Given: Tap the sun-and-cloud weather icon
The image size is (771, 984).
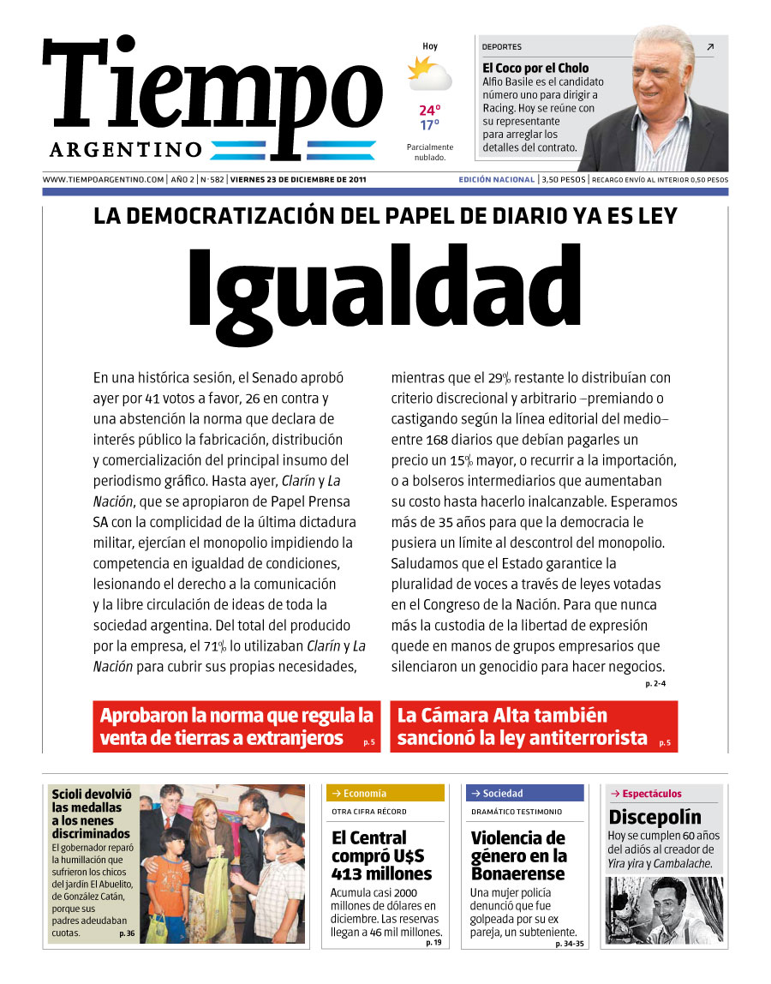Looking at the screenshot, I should coord(429,74).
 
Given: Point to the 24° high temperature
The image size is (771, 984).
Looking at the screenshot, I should coord(429,111).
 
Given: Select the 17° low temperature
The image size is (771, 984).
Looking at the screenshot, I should coord(429,125).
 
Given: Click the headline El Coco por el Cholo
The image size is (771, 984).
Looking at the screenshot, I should coord(535,68).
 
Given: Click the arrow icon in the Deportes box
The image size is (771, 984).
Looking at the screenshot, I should coord(709,47).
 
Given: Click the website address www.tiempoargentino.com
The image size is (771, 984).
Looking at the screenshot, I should coord(103,180).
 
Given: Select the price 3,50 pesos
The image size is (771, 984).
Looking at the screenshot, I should coord(563,180).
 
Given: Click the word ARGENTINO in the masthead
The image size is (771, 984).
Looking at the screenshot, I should coord(125,150).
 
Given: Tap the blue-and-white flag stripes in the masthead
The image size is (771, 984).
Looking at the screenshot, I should coord(293,150).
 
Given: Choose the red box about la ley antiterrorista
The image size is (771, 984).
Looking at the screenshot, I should coord(533,727).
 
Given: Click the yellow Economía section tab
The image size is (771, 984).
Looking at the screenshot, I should coord(385,794).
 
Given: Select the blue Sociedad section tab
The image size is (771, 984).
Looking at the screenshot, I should coord(523,794).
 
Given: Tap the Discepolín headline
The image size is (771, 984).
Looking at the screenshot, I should coord(654,817).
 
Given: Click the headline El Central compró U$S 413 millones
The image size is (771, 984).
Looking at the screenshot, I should coord(381,855).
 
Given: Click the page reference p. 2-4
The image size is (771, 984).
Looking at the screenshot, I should coord(655,684).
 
